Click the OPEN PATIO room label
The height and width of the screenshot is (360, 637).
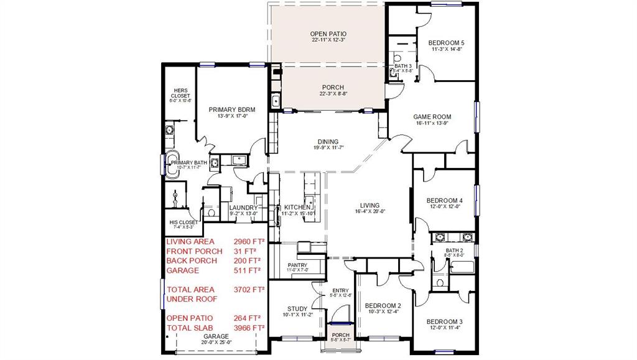(328, 34)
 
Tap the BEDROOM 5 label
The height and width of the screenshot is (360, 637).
(446, 43)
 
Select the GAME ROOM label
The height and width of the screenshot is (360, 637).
(432, 117)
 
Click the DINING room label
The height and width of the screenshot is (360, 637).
(328, 142)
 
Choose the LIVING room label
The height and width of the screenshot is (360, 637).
(370, 205)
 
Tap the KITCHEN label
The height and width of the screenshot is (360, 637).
(297, 207)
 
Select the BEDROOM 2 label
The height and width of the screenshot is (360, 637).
(383, 305)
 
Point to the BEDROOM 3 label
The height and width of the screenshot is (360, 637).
(444, 321)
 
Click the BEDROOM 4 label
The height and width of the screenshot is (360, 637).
(444, 200)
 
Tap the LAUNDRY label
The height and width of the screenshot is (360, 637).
(243, 208)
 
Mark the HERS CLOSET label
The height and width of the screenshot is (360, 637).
(180, 93)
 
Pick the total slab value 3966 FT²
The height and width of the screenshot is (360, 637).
(249, 327)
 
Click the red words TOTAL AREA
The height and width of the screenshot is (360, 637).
(190, 289)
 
